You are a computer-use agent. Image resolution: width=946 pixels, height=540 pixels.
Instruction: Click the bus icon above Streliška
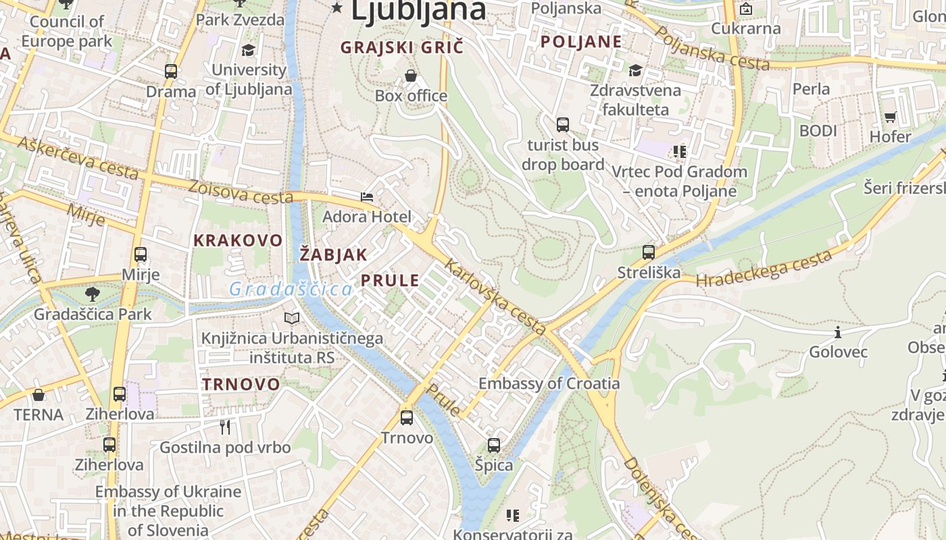649,252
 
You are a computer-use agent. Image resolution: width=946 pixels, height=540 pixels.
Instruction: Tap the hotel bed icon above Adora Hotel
367,197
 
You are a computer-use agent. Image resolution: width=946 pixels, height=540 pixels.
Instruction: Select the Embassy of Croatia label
549,383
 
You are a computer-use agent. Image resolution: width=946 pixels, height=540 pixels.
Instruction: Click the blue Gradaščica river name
291,290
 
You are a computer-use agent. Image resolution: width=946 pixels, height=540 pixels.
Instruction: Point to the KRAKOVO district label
238,240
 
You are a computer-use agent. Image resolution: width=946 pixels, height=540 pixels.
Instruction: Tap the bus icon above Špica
494,446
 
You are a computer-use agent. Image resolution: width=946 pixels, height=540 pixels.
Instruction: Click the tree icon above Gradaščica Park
93,294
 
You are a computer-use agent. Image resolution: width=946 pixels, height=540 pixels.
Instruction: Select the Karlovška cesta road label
497,298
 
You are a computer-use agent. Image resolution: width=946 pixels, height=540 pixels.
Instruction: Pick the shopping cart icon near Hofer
891,117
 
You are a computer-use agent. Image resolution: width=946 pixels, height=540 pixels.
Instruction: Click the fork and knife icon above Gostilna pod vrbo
225,427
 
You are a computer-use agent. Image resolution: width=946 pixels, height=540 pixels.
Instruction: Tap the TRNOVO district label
241,384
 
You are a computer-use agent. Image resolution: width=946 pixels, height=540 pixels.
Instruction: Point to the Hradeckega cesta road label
764,269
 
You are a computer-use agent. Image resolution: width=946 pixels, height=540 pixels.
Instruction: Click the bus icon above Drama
171,72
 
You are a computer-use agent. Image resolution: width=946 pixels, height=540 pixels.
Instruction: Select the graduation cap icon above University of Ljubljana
249,50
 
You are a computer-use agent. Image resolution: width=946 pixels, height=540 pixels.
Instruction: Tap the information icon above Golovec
838,332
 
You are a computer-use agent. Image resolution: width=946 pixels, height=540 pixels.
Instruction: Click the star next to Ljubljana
337,8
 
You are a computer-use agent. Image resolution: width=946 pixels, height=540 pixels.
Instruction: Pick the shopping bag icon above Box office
411,76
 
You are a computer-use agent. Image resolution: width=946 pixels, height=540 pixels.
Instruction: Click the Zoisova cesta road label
241,192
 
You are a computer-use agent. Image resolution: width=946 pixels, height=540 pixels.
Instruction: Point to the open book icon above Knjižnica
292,318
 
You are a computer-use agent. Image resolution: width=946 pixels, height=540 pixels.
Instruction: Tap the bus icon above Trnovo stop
407,418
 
